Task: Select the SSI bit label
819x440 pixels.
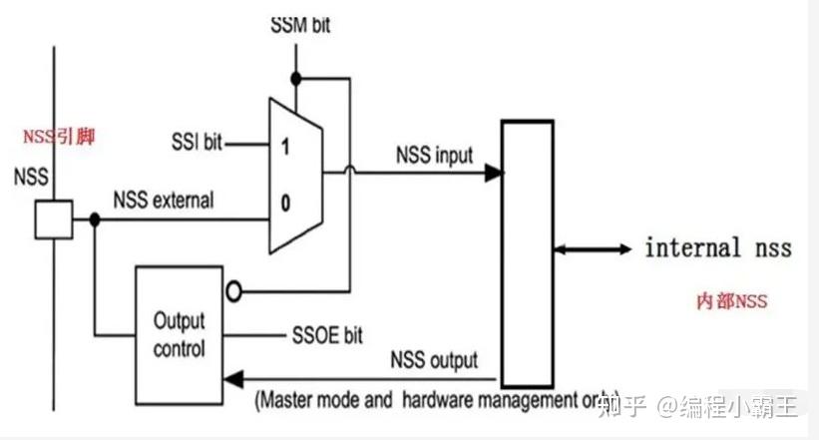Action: pyautogui.click(x=199, y=143)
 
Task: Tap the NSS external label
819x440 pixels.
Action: pyautogui.click(x=164, y=200)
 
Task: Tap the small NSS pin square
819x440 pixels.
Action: pyautogui.click(x=53, y=219)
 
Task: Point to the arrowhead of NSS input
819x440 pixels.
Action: pyautogui.click(x=493, y=173)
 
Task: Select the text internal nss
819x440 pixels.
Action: pyautogui.click(x=718, y=247)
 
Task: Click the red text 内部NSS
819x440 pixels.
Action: pyautogui.click(x=731, y=300)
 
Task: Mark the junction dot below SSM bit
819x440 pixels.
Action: pyautogui.click(x=296, y=76)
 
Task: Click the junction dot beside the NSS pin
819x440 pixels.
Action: pyautogui.click(x=94, y=219)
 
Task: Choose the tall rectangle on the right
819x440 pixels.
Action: pyautogui.click(x=527, y=252)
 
